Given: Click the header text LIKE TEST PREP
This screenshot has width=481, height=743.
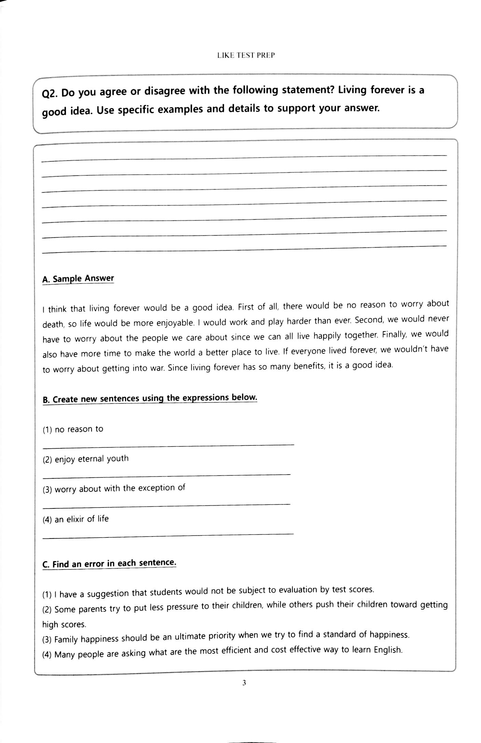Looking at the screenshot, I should pos(246,55).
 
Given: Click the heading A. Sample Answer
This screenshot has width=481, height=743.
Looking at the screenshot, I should pos(78,279).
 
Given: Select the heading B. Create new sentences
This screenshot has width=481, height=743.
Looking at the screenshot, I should pos(150,398).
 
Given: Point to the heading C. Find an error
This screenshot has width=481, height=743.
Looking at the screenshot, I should pos(109,563).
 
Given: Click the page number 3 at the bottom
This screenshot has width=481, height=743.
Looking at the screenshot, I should pos(244,683).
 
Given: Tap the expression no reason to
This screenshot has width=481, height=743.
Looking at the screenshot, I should pos(79,429).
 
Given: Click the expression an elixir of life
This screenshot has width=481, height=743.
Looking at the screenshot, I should pos(81,519).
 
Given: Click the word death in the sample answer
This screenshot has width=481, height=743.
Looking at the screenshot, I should pos(53,324).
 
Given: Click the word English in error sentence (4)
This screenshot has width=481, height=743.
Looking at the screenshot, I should pos(387,649).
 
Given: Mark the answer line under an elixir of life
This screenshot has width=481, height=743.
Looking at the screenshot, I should pos(167,535).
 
